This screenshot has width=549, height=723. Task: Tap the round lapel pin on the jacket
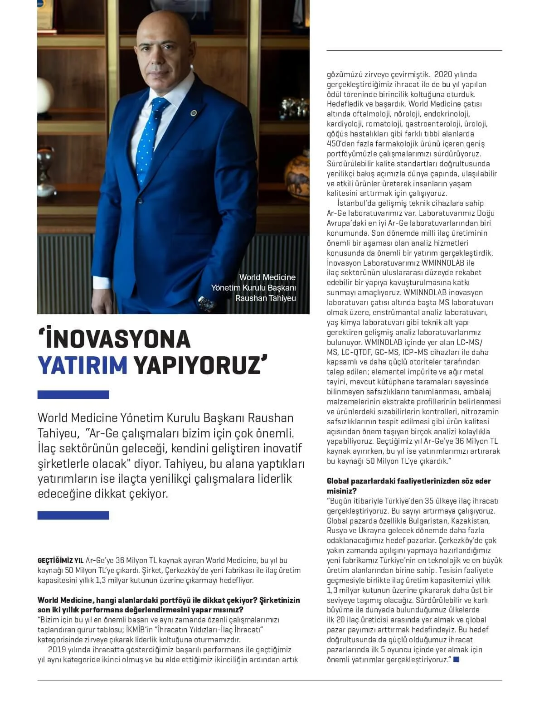click(x=194, y=112)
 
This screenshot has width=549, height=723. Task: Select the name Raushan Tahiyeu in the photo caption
click(x=265, y=298)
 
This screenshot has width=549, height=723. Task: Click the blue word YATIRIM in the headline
click(x=83, y=366)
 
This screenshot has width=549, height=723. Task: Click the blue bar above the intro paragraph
click(x=73, y=395)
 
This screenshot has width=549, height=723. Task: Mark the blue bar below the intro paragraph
click(x=73, y=515)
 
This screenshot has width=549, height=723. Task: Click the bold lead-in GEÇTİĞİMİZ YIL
click(x=60, y=561)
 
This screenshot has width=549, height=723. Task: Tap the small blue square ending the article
click(x=456, y=660)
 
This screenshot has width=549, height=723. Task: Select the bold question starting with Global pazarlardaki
click(x=408, y=486)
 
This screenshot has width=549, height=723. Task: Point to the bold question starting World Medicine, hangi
click(x=169, y=605)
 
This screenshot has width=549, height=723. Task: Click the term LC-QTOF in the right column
click(x=357, y=352)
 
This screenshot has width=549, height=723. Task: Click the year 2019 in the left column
click(x=57, y=650)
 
